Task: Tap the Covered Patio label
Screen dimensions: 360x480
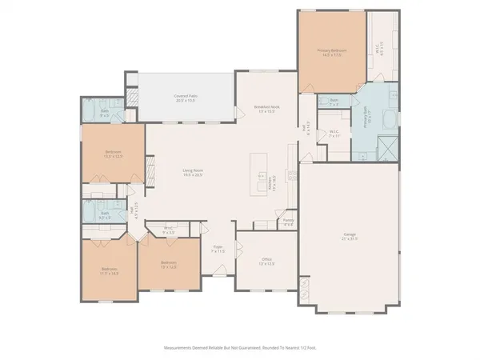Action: (186, 98)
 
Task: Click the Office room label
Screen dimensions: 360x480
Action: (267, 262)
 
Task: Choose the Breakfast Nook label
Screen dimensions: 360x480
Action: (266, 109)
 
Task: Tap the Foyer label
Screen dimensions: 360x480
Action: (218, 250)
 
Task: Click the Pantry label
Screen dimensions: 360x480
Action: (288, 221)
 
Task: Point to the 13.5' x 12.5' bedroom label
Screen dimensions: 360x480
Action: (113, 154)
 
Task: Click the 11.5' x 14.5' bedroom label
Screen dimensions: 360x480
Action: (109, 271)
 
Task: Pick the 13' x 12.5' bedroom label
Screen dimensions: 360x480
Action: (168, 264)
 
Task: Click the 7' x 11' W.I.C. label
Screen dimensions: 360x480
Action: (334, 134)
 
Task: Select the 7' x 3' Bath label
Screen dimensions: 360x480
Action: (334, 102)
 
